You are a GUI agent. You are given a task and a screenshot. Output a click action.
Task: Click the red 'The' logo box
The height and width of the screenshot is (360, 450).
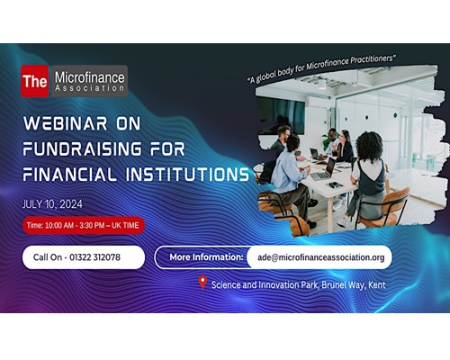35,81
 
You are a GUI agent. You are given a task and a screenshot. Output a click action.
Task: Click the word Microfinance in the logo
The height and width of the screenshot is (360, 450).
89,77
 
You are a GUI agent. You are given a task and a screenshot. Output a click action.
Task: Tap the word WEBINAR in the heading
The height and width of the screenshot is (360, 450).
65,123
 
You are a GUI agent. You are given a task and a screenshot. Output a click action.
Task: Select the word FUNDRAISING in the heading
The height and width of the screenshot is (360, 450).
82,148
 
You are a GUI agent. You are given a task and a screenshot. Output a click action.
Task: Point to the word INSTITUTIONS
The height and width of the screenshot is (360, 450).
187,175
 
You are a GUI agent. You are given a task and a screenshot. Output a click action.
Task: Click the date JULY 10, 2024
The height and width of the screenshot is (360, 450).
52,204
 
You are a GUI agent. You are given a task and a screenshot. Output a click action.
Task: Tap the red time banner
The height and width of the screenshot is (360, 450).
84,225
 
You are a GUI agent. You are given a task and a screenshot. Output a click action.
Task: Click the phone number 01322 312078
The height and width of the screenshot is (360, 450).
94,257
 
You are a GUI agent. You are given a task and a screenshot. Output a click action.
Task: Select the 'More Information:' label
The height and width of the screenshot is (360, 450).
206,257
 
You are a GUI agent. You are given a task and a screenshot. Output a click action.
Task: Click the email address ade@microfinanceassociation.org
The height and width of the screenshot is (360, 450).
321,257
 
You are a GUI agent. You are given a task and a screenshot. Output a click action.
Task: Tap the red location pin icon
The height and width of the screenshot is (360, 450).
202,283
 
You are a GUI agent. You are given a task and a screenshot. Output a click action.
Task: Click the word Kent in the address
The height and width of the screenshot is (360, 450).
377,284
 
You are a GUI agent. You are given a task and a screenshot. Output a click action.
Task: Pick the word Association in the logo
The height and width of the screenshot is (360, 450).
89,88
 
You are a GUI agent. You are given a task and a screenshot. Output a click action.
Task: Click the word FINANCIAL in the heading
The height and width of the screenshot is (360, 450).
69,175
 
